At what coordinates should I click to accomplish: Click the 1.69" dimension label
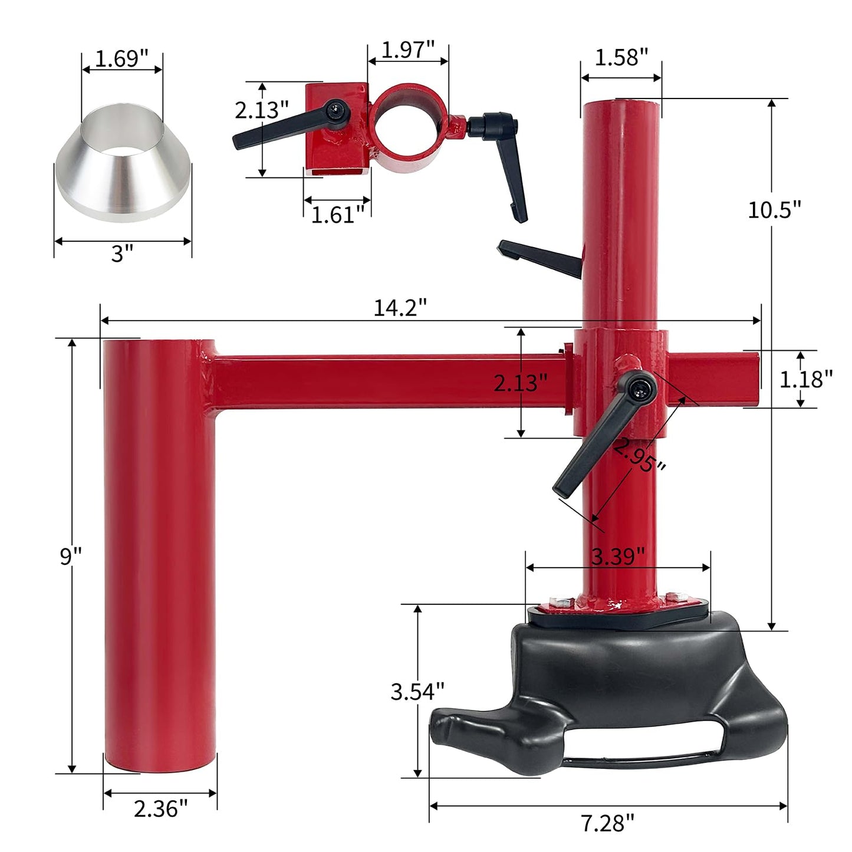coord(122,59)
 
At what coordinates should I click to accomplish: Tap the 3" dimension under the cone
coord(123,253)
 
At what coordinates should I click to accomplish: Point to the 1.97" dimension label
coord(407,49)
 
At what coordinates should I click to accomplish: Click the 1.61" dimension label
coord(338,215)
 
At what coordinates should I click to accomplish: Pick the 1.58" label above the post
coord(621,57)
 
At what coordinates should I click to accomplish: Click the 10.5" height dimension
coord(774,209)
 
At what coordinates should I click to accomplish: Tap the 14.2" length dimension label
coord(400,307)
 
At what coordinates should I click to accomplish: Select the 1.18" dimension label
coord(805,379)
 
